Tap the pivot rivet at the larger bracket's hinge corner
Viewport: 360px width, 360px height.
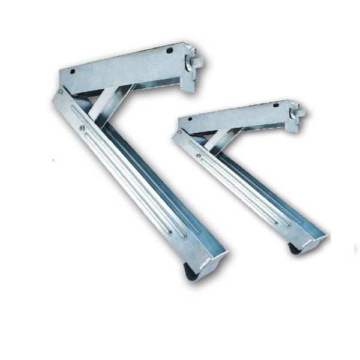click(x=59, y=92)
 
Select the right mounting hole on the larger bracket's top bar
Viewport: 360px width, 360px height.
click(x=173, y=54)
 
